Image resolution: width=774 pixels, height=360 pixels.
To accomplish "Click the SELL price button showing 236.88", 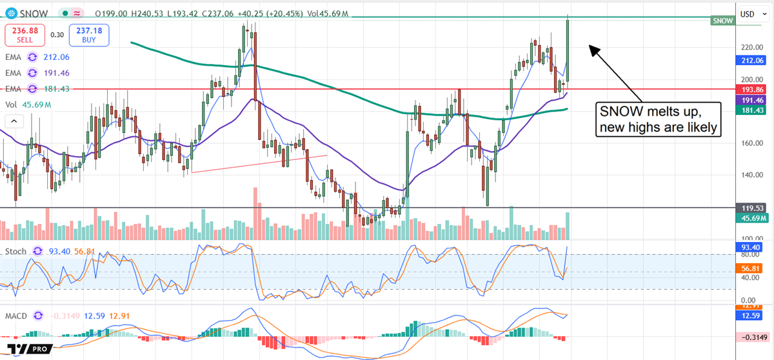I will point(26,35).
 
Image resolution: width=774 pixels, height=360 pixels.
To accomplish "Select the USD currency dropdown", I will point(750,14).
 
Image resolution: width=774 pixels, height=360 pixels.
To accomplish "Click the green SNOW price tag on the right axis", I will point(723,21).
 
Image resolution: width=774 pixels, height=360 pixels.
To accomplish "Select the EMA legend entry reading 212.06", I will point(38,56).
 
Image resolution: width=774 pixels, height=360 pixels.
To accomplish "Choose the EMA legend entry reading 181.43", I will point(38,88).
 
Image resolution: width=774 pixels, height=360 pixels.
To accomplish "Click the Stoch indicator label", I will point(15,250).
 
